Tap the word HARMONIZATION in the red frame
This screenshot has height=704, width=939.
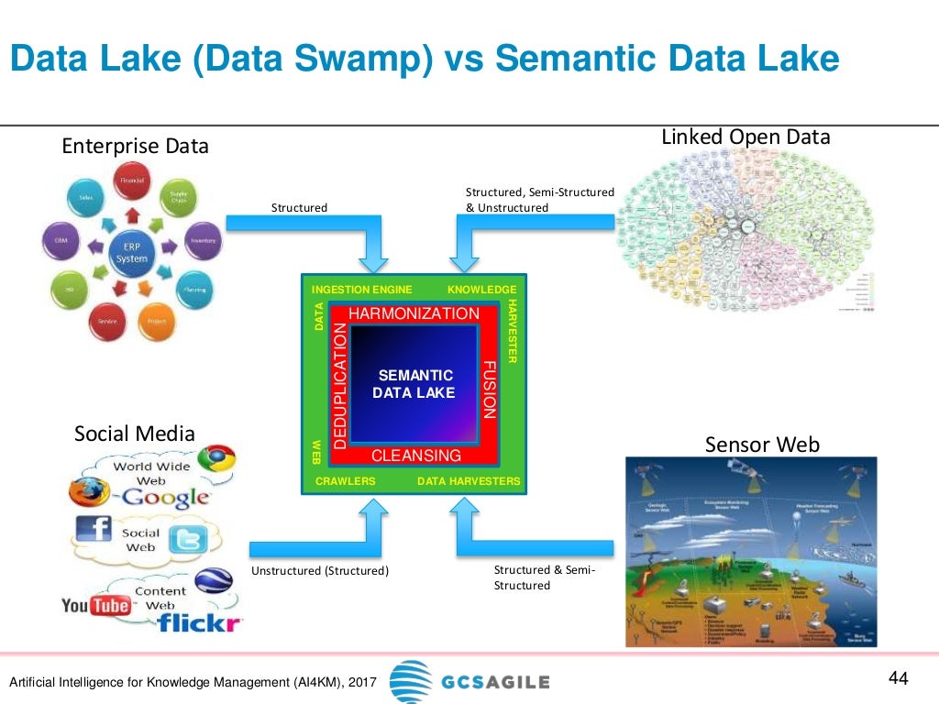(x=414, y=313)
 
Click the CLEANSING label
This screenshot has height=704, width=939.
(x=415, y=456)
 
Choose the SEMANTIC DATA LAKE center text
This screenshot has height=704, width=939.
(x=415, y=384)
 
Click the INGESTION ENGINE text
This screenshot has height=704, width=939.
(x=362, y=290)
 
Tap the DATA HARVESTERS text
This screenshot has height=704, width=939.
(x=469, y=481)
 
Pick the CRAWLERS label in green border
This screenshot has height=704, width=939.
(x=346, y=481)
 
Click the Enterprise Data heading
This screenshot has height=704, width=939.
(x=135, y=146)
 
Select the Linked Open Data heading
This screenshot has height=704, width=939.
(x=746, y=137)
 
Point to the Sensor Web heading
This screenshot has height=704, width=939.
(x=762, y=445)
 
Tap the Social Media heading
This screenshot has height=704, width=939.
(x=135, y=433)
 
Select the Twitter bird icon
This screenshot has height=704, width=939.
(x=185, y=542)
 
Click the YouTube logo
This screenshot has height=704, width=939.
(x=95, y=605)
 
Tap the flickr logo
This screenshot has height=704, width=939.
(x=199, y=623)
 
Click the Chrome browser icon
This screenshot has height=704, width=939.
(x=218, y=459)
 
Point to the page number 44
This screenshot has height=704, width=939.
(x=898, y=679)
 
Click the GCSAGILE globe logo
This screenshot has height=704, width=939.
(x=410, y=682)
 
